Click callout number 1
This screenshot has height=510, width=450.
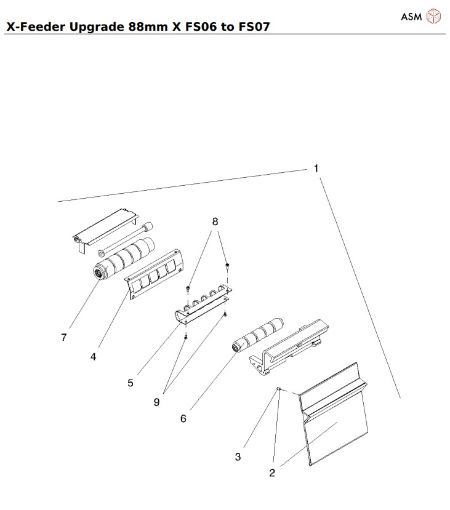click(x=316, y=168)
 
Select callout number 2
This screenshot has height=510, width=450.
click(x=271, y=472)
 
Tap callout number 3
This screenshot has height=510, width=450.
click(x=238, y=456)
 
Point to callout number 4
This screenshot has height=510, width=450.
click(x=93, y=356)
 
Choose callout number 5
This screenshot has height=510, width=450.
click(x=131, y=382)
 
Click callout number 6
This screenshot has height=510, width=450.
click(x=183, y=418)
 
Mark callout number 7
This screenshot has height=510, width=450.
click(x=64, y=337)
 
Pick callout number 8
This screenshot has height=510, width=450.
click(x=215, y=221)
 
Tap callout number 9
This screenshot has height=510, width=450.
click(x=157, y=402)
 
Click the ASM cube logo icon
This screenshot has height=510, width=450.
click(x=434, y=17)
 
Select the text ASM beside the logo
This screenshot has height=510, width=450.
click(x=411, y=17)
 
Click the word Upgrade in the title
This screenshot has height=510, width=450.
click(x=96, y=28)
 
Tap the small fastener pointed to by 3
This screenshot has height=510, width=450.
click(x=279, y=389)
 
